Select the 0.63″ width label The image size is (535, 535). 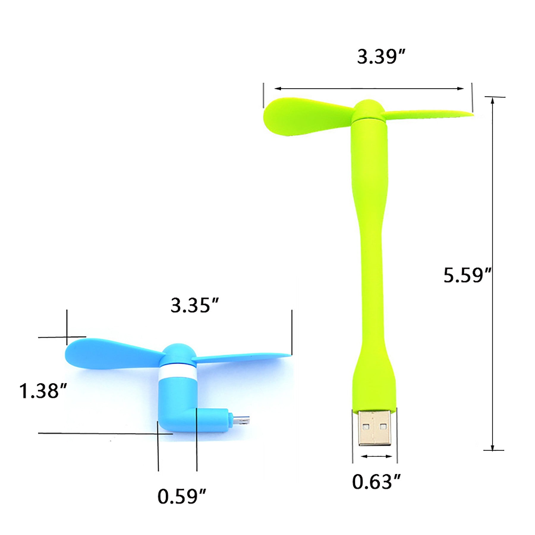click(x=377, y=482)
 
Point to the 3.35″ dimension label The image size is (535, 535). click(x=195, y=305)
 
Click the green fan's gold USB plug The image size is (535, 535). click(x=374, y=428)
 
